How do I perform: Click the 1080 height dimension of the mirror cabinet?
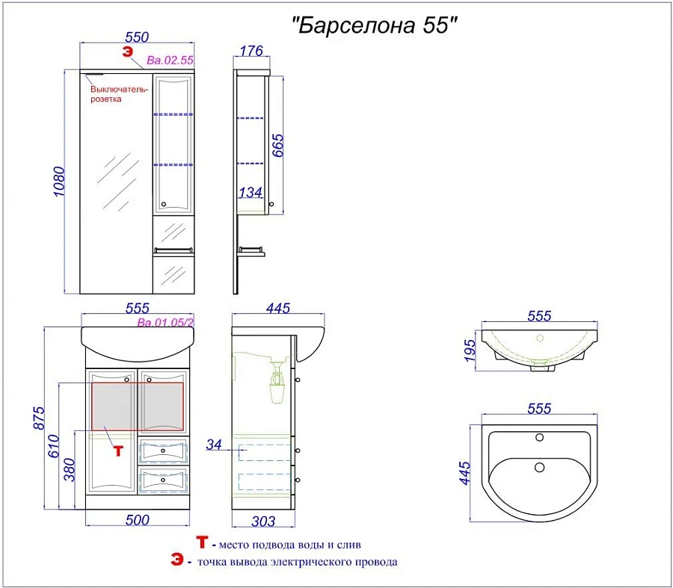59,182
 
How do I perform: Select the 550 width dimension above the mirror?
137,37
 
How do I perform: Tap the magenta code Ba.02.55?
170,60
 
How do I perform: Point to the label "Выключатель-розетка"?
119,94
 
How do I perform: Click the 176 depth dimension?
251,51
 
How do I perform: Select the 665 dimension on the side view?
277,146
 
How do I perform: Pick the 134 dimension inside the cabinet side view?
251,193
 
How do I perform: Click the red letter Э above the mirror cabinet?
127,52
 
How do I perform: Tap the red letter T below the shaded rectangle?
118,451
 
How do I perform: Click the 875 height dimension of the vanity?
39,418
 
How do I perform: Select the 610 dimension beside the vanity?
54,446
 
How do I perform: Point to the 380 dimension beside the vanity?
69,470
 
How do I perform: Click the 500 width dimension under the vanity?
138,520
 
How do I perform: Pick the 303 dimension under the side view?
263,522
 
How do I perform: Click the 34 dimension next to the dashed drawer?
214,445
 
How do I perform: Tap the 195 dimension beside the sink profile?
470,350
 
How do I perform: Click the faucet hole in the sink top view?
539,438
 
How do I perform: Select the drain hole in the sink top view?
539,467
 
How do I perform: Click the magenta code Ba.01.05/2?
166,323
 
